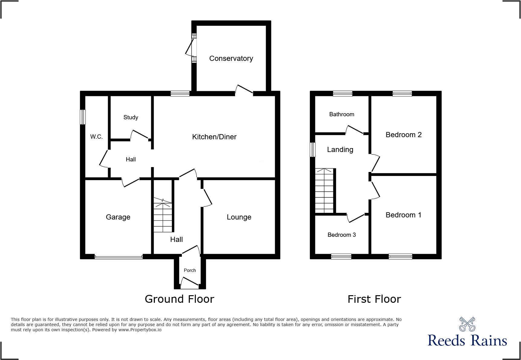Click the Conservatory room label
click(x=231, y=58)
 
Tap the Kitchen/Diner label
click(x=214, y=137)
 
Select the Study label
click(x=131, y=117)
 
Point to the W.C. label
click(x=97, y=137)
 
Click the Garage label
click(x=118, y=217)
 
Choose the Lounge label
click(x=239, y=217)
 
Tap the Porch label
click(x=190, y=270)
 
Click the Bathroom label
click(x=342, y=114)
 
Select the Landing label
click(x=340, y=150)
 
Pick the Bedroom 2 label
click(x=404, y=135)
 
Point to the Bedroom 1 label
click(x=403, y=215)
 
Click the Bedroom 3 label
click(x=342, y=235)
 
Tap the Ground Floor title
click(x=179, y=299)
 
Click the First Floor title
click(x=374, y=299)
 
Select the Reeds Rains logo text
click(x=467, y=341)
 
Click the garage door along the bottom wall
click(x=118, y=257)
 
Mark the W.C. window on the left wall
click(x=83, y=117)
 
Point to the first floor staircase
click(x=324, y=190)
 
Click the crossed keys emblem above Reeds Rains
click(x=467, y=324)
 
